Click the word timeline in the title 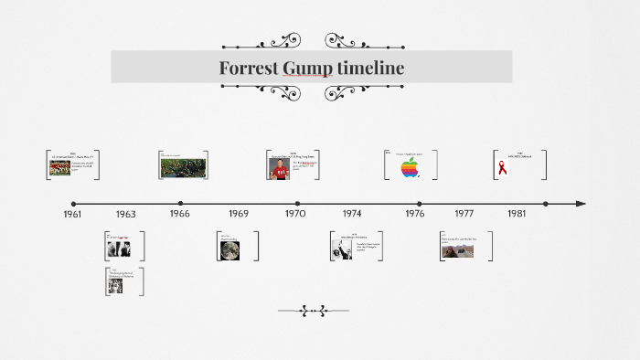click(370, 68)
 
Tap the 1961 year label click(72, 213)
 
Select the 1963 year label click(126, 214)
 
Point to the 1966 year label click(180, 213)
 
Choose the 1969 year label click(239, 213)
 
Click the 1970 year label click(295, 213)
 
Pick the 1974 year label click(352, 213)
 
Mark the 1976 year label click(414, 213)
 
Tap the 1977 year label click(464, 213)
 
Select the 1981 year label click(517, 213)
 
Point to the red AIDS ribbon click(502, 167)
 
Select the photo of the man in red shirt click(280, 167)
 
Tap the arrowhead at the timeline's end click(581, 204)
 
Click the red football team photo click(60, 168)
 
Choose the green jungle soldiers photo click(183, 166)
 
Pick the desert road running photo click(451, 249)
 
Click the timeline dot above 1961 click(74, 204)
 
